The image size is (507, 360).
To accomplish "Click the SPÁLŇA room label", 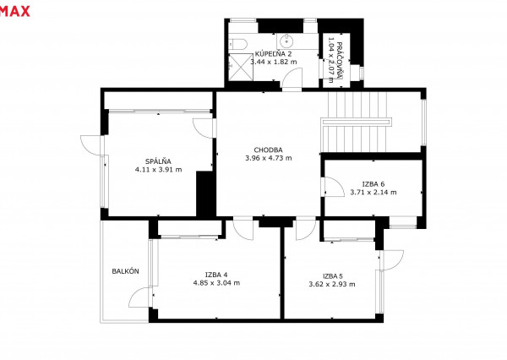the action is click(158, 161).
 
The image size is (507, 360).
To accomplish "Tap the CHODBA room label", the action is click(268, 150).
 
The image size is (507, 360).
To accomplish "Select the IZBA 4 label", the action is click(216, 275).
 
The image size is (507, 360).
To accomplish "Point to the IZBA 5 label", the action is click(333, 276).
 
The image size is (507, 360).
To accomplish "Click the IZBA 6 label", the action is click(373, 184).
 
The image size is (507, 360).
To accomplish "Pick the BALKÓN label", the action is click(125, 271).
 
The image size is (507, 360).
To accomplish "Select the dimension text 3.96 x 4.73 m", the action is click(269, 158).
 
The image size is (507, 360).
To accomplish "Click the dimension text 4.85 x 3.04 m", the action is click(216, 283).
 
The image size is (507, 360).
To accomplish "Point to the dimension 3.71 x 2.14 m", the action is click(373, 193).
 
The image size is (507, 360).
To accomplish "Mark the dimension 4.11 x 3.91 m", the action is click(159, 170).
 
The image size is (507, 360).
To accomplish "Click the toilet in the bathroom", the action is click(238, 43).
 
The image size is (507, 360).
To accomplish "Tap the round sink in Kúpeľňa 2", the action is click(286, 41).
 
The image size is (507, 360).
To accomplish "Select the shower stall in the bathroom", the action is click(240, 67).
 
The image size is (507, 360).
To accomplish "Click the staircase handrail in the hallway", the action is click(356, 122).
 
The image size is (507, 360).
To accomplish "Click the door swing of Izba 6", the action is click(334, 187).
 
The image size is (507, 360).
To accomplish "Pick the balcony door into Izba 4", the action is click(141, 297).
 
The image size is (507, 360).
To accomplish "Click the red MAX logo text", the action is click(14, 12).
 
